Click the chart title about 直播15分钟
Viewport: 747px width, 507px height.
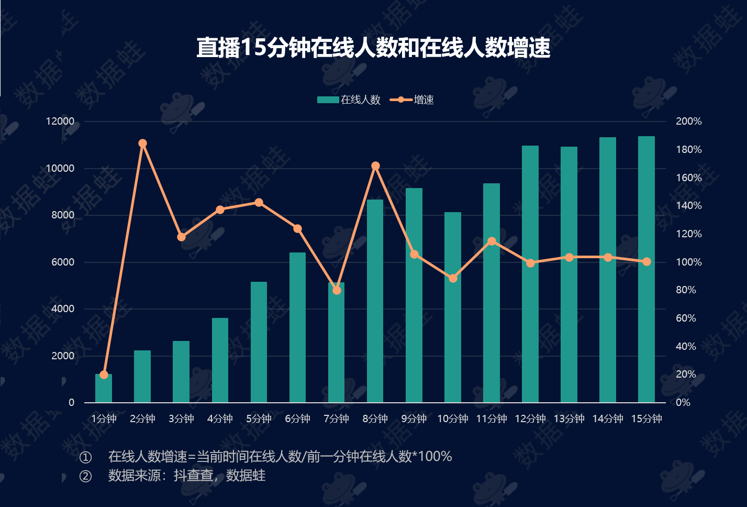[x=373, y=48]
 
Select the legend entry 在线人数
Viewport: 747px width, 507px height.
[x=349, y=100]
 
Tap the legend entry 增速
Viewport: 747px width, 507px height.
[x=412, y=100]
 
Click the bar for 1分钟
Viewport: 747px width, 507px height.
[x=104, y=389]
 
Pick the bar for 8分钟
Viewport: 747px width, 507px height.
[x=375, y=301]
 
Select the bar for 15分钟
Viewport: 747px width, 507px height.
[x=646, y=270]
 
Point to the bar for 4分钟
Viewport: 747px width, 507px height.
[x=220, y=360]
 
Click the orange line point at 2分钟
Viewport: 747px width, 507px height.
[x=142, y=144]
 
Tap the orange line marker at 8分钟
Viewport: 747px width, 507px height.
[x=375, y=166]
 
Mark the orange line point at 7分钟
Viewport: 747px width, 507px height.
[x=337, y=290]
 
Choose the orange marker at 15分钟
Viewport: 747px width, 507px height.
[x=646, y=261]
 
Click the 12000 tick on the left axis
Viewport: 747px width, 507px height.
[x=61, y=122]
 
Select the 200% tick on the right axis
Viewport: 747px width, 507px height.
[x=688, y=122]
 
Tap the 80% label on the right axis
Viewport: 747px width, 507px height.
[x=686, y=290]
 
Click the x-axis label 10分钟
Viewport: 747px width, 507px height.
[x=453, y=418]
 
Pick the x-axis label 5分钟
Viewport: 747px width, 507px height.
[x=259, y=418]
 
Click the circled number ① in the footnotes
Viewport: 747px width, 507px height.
[x=85, y=457]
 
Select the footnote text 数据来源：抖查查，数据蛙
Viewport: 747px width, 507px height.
[x=187, y=476]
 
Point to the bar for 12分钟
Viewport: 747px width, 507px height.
[x=530, y=274]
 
